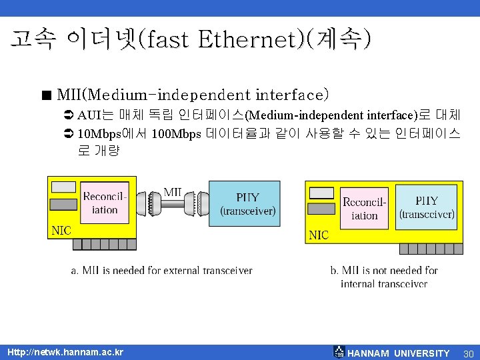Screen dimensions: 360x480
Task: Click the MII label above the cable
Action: click(173, 192)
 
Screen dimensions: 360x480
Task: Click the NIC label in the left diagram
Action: click(61, 231)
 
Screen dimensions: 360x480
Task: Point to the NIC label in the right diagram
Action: click(319, 235)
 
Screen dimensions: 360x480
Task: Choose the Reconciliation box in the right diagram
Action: click(365, 209)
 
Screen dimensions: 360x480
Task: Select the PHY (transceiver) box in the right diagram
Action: click(427, 207)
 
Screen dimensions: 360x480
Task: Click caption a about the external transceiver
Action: click(162, 271)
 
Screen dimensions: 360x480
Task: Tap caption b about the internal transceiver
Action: click(384, 277)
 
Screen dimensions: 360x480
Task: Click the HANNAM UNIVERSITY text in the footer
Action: click(399, 353)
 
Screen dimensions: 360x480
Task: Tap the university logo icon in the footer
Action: click(339, 352)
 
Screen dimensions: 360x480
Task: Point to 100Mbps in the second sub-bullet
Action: click(177, 134)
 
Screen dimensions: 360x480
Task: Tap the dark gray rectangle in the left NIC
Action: click(63, 203)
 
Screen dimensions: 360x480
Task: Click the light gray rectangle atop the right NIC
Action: click(321, 193)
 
